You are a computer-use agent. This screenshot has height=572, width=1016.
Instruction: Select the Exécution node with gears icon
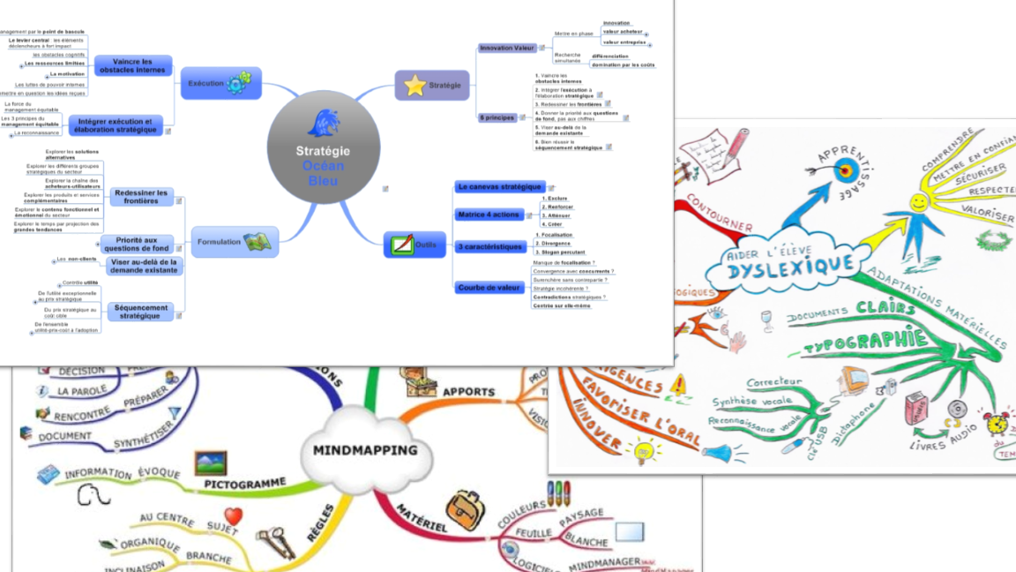tap(220, 83)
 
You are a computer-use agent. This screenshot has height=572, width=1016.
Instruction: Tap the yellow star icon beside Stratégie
tap(415, 86)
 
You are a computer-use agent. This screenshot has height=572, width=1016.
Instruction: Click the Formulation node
tap(235, 241)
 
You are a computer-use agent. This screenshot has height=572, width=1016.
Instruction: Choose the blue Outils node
tap(415, 244)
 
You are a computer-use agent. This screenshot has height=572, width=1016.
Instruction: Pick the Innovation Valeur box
tap(507, 48)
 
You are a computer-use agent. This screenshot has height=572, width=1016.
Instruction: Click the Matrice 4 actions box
tap(489, 214)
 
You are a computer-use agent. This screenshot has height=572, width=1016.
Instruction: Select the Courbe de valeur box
tap(490, 288)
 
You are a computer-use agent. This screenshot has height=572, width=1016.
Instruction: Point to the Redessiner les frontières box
tap(141, 197)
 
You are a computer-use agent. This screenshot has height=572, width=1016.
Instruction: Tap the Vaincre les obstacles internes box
tap(132, 66)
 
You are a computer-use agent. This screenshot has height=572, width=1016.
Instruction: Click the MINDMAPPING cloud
tap(365, 450)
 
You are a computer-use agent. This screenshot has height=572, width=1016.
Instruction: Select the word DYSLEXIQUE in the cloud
tap(791, 264)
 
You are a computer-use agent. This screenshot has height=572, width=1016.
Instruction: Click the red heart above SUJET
tap(233, 516)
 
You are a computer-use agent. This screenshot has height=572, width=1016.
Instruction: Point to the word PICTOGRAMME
tap(245, 484)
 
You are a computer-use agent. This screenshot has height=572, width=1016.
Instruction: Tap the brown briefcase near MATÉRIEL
tap(465, 509)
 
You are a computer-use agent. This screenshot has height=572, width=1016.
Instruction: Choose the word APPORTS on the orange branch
tap(468, 392)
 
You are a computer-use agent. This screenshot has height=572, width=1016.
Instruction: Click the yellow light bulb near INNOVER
tap(644, 450)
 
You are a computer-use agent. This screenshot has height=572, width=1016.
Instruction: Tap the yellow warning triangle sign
tap(677, 385)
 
